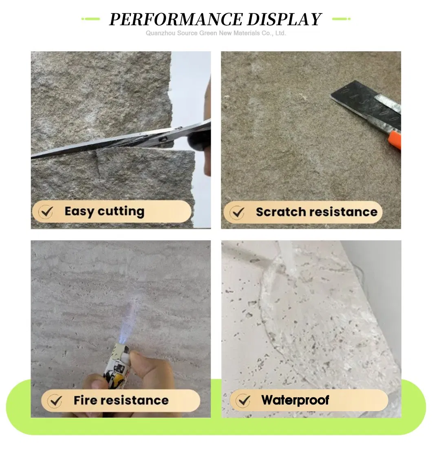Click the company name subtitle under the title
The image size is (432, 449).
click(216, 33)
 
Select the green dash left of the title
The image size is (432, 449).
click(90, 19)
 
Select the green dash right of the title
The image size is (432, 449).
click(341, 19)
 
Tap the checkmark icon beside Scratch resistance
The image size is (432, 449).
click(237, 212)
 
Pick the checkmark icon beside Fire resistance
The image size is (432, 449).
click(54, 401)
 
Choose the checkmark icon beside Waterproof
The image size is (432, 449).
click(244, 401)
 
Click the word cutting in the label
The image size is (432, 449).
click(121, 212)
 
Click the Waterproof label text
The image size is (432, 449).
click(295, 400)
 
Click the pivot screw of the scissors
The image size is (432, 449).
click(163, 140)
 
